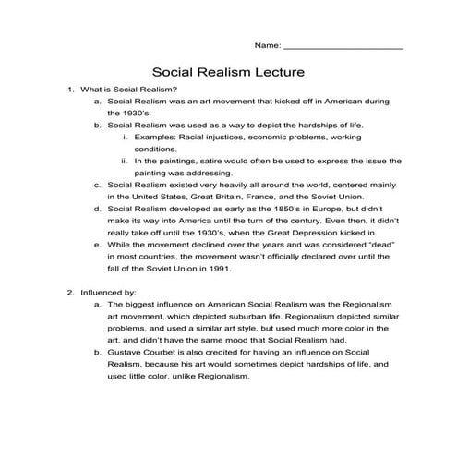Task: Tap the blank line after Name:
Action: (343, 45)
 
